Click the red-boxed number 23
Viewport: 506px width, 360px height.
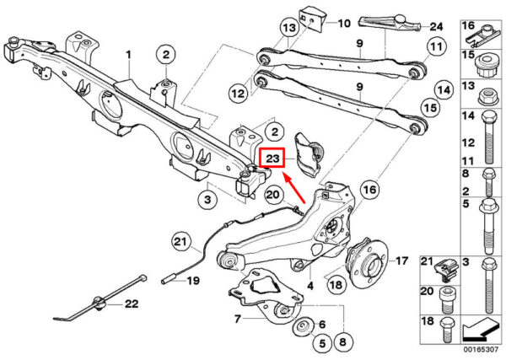tap(272, 159)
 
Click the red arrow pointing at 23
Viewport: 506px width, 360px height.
tap(294, 189)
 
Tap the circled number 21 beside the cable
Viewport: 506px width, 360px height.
tap(180, 241)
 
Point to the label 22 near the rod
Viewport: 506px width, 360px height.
tap(132, 304)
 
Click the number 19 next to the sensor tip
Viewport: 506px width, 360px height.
tap(193, 281)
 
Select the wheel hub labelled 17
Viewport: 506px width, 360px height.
tap(367, 264)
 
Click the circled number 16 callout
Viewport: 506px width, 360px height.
tap(369, 190)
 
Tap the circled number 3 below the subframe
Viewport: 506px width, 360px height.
tap(207, 199)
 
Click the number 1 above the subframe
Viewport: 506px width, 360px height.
tap(129, 55)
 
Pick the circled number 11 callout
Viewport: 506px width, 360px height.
tap(436, 47)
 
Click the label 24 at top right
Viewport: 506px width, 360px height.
tap(436, 26)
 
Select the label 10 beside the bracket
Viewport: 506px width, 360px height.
tap(344, 24)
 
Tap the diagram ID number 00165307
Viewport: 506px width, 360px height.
tap(481, 349)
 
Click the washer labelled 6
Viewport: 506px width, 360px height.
tap(304, 328)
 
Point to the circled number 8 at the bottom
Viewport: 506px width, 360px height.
tap(342, 341)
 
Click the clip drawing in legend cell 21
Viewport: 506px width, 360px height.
tap(448, 271)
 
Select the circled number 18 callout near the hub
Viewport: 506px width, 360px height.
tap(336, 285)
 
